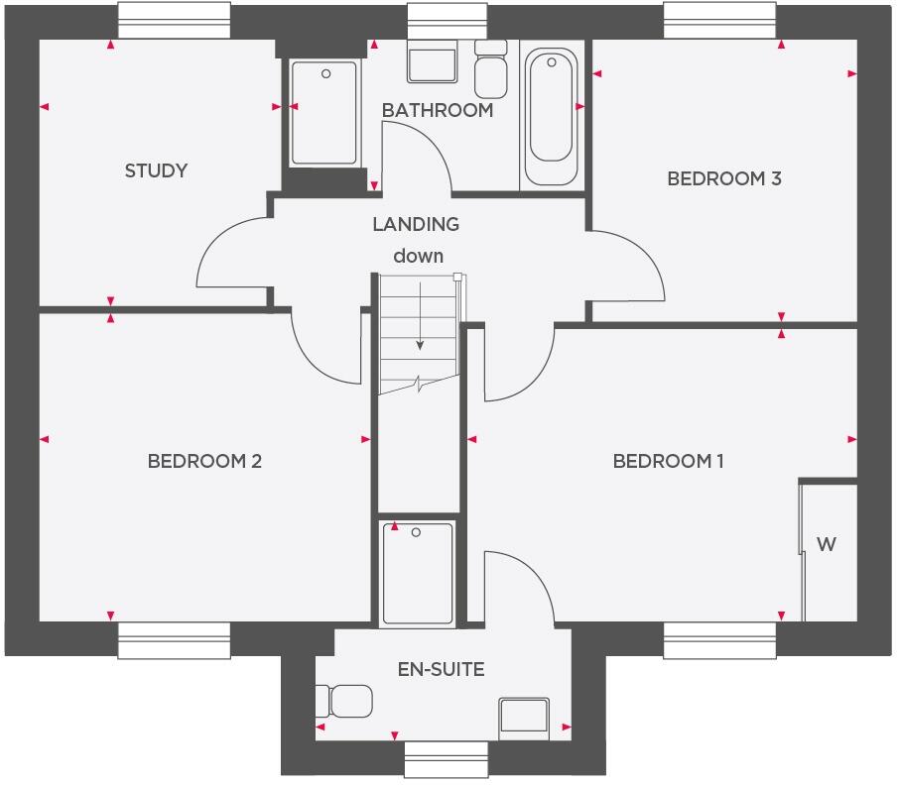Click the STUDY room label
[x=156, y=170]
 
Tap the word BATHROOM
[x=438, y=110]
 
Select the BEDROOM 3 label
[x=724, y=178]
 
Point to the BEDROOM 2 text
[x=204, y=461]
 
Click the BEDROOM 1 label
[x=669, y=461]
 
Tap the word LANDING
[x=416, y=224]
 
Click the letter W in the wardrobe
[x=826, y=544]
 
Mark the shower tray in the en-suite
[x=417, y=573]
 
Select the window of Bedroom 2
[x=175, y=641]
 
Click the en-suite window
[x=447, y=760]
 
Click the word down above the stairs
[x=418, y=256]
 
